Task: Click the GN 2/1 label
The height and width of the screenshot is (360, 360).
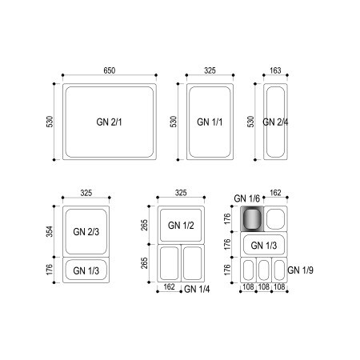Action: (109, 122)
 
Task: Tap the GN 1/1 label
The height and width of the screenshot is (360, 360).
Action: (210, 122)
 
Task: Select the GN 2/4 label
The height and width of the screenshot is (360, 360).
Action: (275, 122)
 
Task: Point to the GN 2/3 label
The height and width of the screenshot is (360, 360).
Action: (86, 232)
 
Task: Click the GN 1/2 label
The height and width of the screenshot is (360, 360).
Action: (181, 226)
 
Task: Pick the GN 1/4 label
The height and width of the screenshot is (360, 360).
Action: (197, 289)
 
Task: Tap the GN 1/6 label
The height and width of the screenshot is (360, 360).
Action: (246, 198)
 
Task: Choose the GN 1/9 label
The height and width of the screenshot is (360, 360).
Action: (300, 270)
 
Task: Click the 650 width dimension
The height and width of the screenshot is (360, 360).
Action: (110, 70)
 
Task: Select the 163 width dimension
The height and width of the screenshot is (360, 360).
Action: (275, 70)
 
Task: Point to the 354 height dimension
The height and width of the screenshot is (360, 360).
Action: (50, 231)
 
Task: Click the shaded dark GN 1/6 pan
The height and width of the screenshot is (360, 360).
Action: (252, 218)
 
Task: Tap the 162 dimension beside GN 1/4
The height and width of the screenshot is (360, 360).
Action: (169, 287)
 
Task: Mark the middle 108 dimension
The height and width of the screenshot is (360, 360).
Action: (264, 287)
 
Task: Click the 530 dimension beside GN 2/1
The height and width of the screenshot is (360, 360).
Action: (50, 122)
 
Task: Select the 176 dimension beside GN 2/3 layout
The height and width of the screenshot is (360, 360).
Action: (50, 270)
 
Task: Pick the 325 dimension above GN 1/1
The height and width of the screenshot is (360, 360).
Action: (210, 70)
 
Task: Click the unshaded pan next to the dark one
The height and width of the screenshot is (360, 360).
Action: (275, 218)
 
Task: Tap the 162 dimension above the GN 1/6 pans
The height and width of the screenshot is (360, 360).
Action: (275, 193)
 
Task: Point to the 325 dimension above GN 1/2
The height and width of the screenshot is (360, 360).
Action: (181, 193)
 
